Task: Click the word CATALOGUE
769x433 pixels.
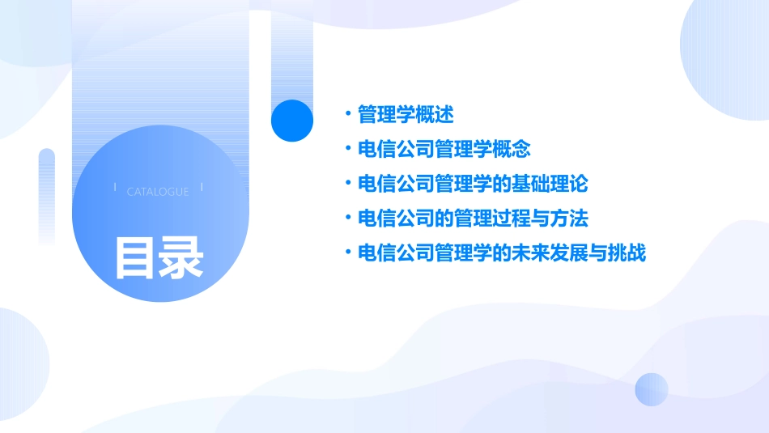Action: click(158, 192)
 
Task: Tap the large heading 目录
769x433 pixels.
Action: click(159, 257)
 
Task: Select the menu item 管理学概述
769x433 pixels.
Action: click(406, 115)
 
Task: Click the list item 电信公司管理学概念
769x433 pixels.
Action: click(444, 150)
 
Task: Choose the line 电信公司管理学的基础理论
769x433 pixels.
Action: click(473, 184)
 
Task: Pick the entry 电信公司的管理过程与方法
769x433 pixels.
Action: click(473, 219)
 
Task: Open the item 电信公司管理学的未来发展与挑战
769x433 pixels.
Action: click(502, 253)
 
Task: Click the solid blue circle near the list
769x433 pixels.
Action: click(292, 121)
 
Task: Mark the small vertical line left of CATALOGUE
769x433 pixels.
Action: click(115, 188)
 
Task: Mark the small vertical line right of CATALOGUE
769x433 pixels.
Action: click(202, 188)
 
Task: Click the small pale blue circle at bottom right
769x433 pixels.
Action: click(652, 389)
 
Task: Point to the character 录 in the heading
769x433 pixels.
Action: click(182, 257)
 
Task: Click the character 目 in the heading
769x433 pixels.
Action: click(135, 257)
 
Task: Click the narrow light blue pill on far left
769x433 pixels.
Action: click(47, 194)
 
